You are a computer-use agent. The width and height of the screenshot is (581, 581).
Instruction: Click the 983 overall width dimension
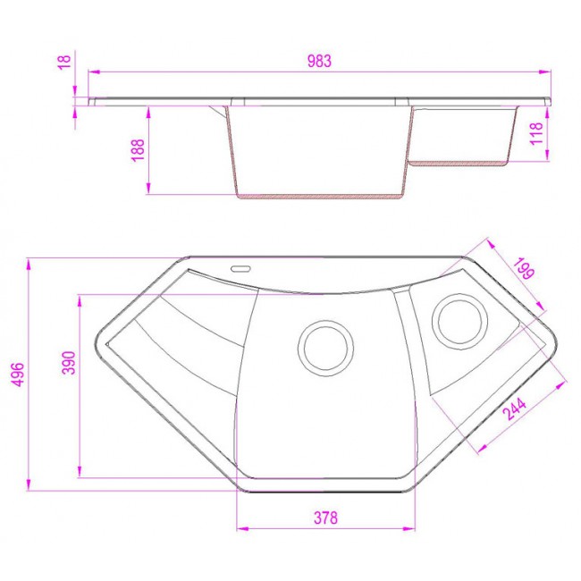(x=319, y=61)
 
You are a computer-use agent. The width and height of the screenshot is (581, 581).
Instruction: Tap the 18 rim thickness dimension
(x=64, y=62)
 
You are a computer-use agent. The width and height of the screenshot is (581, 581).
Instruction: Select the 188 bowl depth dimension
(x=138, y=150)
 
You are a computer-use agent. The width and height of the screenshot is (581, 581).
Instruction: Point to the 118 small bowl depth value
(x=536, y=133)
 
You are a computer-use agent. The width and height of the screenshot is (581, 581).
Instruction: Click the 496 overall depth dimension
(x=18, y=375)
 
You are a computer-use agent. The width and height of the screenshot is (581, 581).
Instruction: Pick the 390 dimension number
(x=69, y=363)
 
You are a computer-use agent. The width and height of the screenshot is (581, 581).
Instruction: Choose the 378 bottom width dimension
(x=325, y=518)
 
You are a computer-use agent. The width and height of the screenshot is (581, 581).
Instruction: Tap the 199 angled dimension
(x=524, y=268)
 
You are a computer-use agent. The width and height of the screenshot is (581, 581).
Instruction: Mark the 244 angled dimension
(x=516, y=409)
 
